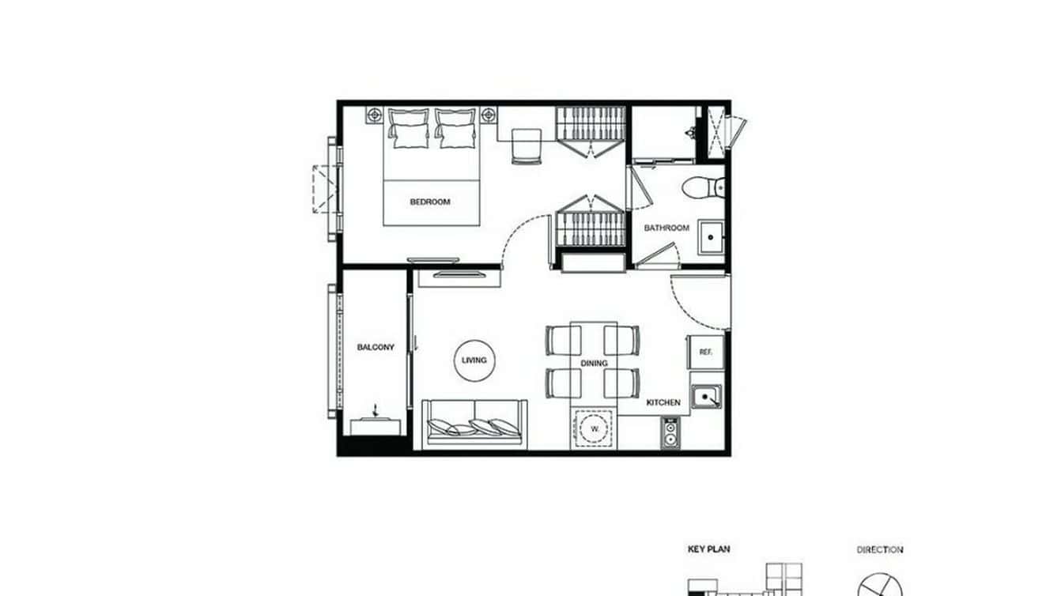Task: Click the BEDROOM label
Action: (430, 202)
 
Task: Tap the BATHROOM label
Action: (666, 228)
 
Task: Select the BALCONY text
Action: (376, 347)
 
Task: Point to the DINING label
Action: (594, 364)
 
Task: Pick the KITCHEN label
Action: (663, 402)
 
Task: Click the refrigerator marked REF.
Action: (705, 353)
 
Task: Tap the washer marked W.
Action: (592, 429)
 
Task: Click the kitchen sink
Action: (706, 396)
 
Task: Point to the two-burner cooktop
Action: (670, 432)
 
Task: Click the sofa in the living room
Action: (474, 424)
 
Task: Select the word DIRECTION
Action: (880, 549)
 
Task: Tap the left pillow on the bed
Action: (409, 129)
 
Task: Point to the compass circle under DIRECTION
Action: (880, 586)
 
